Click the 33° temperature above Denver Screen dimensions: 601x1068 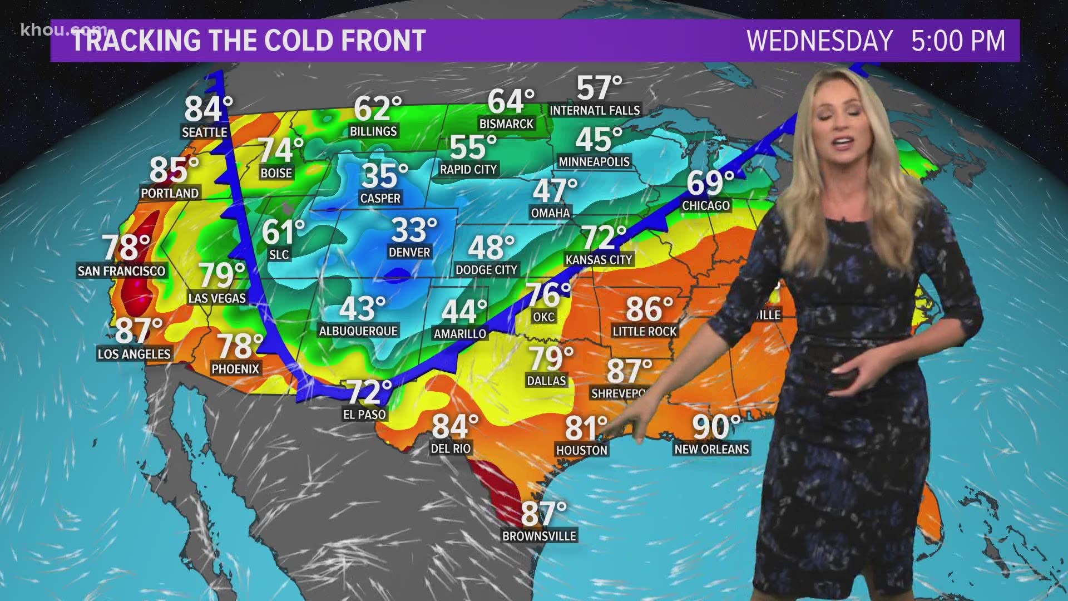(x=414, y=230)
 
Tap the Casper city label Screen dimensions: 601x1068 (x=380, y=198)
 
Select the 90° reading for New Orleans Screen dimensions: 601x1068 (x=716, y=427)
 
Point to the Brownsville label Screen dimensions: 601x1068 (x=539, y=536)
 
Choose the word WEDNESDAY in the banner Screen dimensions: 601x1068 (x=819, y=41)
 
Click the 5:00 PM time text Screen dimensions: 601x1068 (x=958, y=41)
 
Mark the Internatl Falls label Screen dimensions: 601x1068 (x=595, y=110)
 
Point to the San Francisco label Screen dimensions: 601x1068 (x=121, y=271)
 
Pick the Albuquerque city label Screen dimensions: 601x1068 (x=358, y=331)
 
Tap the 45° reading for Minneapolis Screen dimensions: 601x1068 (x=599, y=140)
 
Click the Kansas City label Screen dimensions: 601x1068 (x=599, y=259)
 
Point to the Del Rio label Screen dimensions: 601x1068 (x=451, y=449)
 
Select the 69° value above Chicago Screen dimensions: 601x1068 (x=710, y=183)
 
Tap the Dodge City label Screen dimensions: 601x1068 (x=486, y=270)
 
